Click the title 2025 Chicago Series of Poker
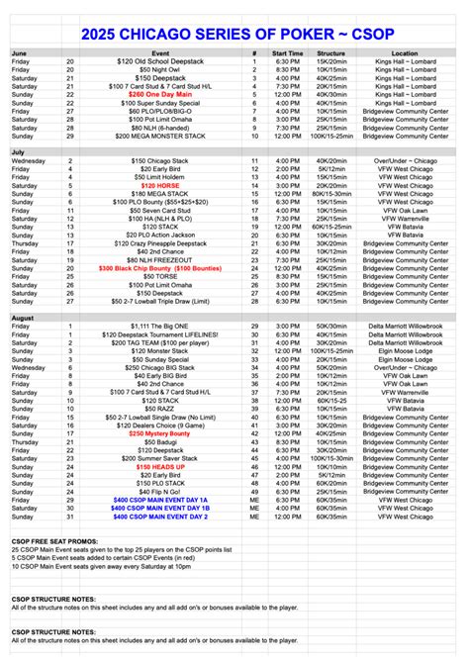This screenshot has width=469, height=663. (234, 34)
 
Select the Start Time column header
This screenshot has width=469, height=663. (287, 52)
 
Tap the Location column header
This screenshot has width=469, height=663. (404, 52)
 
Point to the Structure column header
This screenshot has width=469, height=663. (337, 52)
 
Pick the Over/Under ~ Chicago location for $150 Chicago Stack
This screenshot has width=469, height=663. (404, 160)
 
